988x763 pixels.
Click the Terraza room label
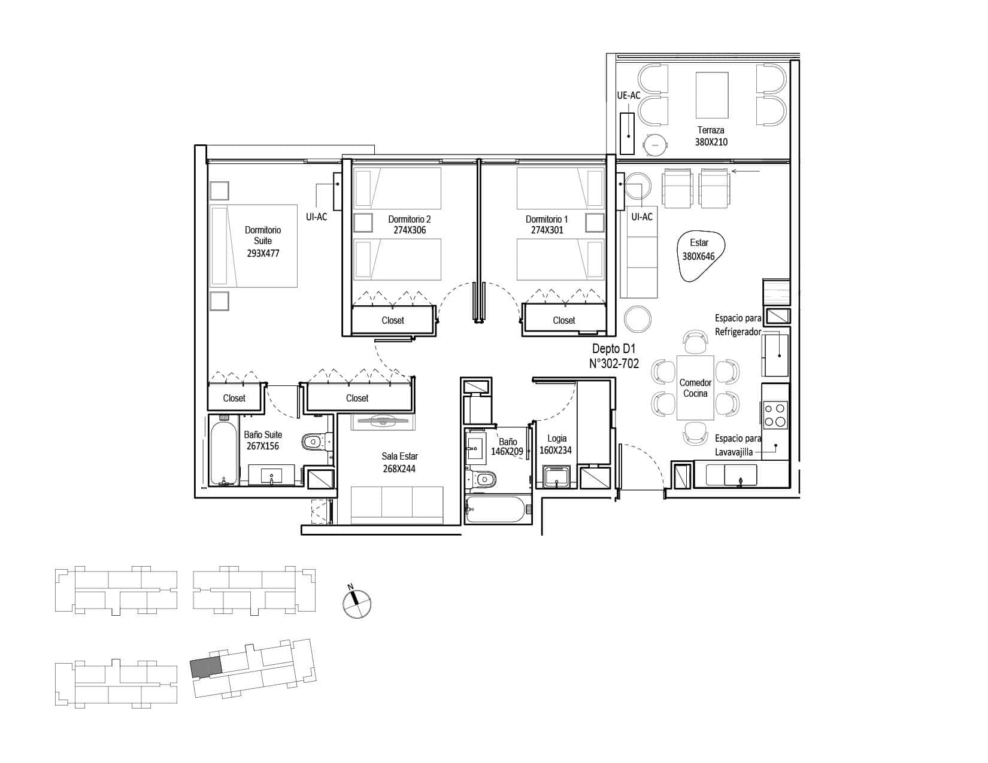711,130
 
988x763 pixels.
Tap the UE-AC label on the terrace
628,95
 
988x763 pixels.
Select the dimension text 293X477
263,253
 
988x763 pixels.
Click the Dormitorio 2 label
409,219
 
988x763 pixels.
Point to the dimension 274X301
547,230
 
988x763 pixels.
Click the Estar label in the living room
699,243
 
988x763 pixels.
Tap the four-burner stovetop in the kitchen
775,415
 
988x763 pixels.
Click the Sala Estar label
399,456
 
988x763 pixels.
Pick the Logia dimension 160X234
555,450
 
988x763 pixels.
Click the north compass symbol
357,603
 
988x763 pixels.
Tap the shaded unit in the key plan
206,667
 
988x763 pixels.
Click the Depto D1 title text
614,348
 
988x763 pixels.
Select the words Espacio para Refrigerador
738,325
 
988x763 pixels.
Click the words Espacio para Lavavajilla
738,445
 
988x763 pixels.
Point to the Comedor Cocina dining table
695,388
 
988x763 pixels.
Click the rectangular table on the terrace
711,95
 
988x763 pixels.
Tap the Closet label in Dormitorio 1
564,320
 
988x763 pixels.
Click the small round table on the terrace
655,144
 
